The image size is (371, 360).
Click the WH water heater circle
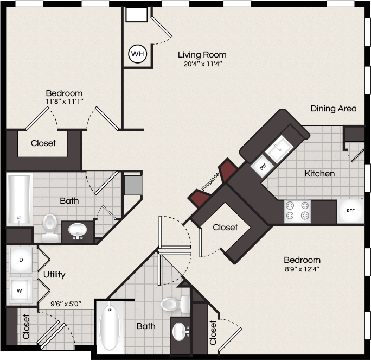coord(137,54)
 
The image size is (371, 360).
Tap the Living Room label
coord(202,55)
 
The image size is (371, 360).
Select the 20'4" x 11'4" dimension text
coord(203,64)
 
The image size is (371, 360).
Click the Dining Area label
coord(334,109)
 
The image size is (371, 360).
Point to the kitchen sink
coord(279,149)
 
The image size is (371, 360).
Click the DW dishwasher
coord(263,167)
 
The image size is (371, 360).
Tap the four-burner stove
coord(297,212)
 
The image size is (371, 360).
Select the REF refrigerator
coord(350,211)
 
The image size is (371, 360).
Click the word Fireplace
coord(210,182)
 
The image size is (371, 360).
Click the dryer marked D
coord(21,260)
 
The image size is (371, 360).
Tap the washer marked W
coord(21,290)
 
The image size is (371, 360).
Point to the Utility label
coord(54,275)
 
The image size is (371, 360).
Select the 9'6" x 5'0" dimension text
coord(66,304)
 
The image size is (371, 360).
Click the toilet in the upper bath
coord(50,228)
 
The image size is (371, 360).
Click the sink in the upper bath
coord(78,230)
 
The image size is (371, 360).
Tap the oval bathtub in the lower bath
coord(110,327)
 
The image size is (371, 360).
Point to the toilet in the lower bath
coord(175,304)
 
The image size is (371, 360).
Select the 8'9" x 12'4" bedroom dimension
coord(302,269)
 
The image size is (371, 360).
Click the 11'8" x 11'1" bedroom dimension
coord(65,102)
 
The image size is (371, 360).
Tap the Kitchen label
coord(319,174)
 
